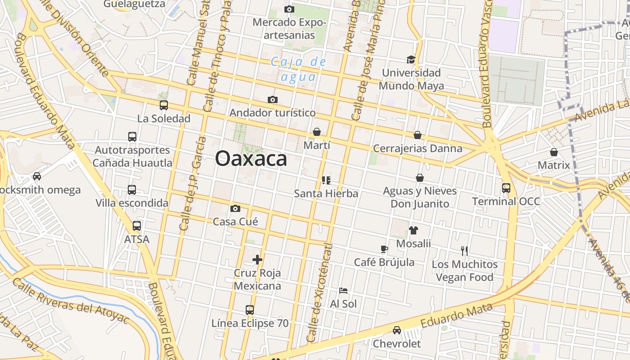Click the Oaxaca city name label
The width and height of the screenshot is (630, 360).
[x=251, y=159]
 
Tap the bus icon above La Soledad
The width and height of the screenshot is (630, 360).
[x=164, y=105]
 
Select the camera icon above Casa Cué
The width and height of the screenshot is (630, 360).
[x=235, y=208]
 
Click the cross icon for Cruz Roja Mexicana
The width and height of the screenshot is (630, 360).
[x=257, y=260]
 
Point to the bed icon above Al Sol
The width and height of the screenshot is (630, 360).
[x=343, y=291]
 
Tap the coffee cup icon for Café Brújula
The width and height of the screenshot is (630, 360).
[x=384, y=249]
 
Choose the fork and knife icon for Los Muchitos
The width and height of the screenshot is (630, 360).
[x=465, y=251]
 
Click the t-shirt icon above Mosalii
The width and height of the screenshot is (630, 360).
[x=414, y=230]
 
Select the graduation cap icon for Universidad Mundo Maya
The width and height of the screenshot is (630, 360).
[x=411, y=59]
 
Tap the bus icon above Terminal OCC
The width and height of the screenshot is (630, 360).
[x=506, y=188]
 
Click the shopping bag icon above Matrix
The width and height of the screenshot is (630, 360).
[x=554, y=152]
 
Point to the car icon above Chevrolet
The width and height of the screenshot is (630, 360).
[x=397, y=330]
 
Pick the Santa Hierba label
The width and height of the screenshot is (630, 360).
[x=326, y=193]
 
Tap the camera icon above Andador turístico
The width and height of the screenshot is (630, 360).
[x=272, y=99]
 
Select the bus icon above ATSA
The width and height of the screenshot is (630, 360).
[x=137, y=226]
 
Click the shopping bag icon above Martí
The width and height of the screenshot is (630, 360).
[x=317, y=132]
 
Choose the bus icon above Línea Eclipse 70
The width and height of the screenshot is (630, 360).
[x=250, y=310]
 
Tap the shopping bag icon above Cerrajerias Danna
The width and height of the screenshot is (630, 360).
[x=418, y=135]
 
